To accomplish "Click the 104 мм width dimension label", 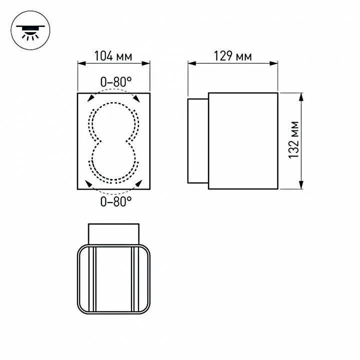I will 113,56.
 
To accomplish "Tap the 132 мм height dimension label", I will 294,140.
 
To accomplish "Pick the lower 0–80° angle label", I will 116,201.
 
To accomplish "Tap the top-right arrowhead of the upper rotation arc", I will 136,98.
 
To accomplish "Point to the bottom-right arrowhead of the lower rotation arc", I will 136,184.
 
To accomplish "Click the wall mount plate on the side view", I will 197,140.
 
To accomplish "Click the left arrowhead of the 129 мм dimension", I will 190,63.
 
